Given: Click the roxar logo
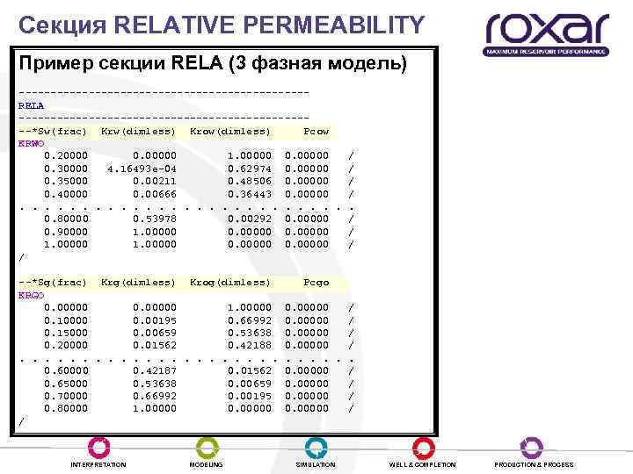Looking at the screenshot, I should click(546, 32).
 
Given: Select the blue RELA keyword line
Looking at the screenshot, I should click(31, 106).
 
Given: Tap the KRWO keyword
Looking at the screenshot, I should click(31, 144).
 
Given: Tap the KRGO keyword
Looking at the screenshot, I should click(31, 295).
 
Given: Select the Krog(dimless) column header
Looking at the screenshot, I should click(230, 283).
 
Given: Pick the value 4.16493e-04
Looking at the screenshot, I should click(142, 169).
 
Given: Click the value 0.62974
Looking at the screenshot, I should click(249, 169).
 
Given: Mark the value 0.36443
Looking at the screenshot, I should click(249, 194).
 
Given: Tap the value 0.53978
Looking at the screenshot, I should click(154, 219).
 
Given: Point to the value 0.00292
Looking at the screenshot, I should click(249, 219).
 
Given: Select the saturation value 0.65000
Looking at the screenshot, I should click(66, 384).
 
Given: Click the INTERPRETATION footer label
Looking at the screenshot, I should click(98, 464).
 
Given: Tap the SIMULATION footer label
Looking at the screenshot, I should click(316, 464).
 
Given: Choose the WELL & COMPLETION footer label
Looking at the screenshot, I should click(423, 464).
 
